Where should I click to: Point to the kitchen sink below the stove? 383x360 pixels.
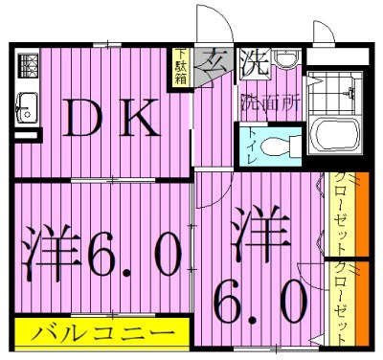[x=26, y=106]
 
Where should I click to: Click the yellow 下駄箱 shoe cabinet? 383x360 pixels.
[x=181, y=67]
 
